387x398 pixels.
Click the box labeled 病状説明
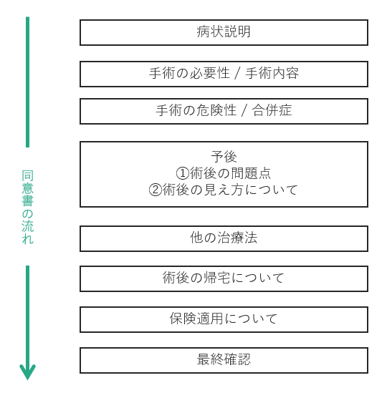pos(224,32)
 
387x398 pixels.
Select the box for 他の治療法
pos(224,238)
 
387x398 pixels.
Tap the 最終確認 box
pos(224,361)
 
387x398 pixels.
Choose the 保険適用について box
pos(224,319)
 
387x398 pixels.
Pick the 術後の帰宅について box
pos(224,278)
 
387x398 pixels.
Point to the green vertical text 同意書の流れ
pos(27,207)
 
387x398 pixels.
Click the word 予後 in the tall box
pos(224,157)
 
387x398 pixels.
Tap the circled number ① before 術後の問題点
pos(183,173)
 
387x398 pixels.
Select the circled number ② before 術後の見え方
pos(156,190)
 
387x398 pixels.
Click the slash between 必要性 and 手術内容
pos(237,74)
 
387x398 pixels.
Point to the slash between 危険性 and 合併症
pos(244,111)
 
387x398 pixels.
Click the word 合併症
pos(272,110)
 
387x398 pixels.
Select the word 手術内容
pos(272,73)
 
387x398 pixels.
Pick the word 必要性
pos(210,73)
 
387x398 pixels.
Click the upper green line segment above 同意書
pos(27,82)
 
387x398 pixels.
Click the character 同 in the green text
pos(27,175)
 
